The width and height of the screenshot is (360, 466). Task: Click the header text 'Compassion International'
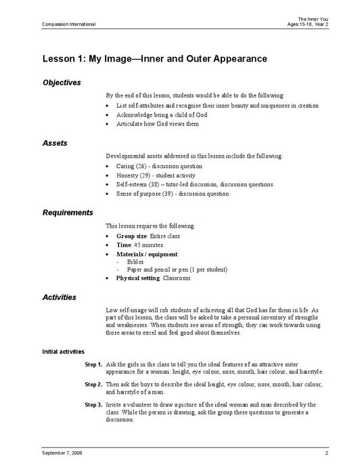[x=59, y=24]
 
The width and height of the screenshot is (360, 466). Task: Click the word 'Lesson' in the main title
[x=60, y=59]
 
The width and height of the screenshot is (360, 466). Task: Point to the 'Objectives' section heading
[x=62, y=83]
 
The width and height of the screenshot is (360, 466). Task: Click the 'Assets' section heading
[x=54, y=144]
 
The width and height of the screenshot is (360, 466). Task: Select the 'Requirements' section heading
[x=68, y=213]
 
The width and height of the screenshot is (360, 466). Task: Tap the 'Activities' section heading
[x=59, y=297]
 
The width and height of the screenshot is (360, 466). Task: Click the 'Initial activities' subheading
[x=63, y=352]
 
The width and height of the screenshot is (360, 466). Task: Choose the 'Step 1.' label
[x=93, y=364]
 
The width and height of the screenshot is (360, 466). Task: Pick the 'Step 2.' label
[x=93, y=384]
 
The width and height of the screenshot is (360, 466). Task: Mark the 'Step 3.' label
[x=93, y=404]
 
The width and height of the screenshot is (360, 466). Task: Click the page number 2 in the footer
[x=326, y=452]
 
